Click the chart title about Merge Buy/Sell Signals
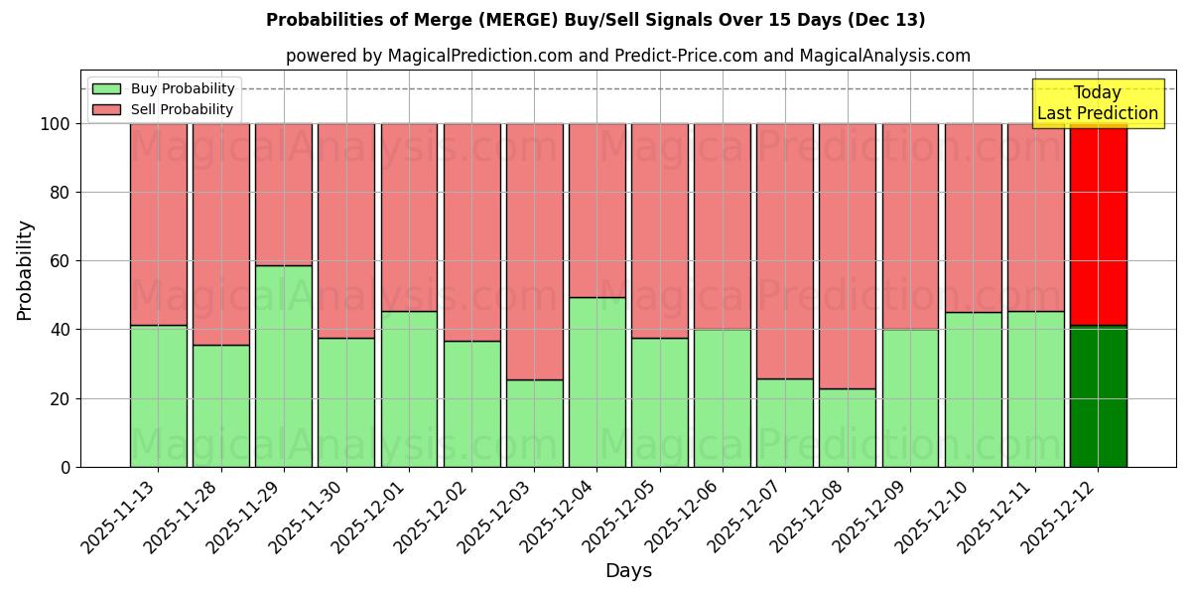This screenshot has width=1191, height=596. [x=595, y=20]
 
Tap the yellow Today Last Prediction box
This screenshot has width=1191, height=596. [x=1097, y=103]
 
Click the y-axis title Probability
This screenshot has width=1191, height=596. [x=25, y=269]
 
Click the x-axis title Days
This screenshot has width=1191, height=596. [x=628, y=571]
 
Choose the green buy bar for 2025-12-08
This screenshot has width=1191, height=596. [x=848, y=427]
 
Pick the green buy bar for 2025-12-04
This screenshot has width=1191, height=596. [x=597, y=381]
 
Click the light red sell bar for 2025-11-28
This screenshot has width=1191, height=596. [x=221, y=233]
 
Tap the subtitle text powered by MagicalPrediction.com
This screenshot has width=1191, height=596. [x=627, y=56]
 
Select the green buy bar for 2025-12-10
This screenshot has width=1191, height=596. [x=973, y=389]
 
